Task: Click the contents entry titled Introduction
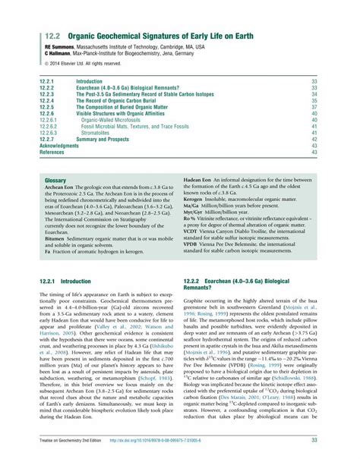click(x=89, y=80)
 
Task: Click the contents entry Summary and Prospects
click(x=106, y=140)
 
